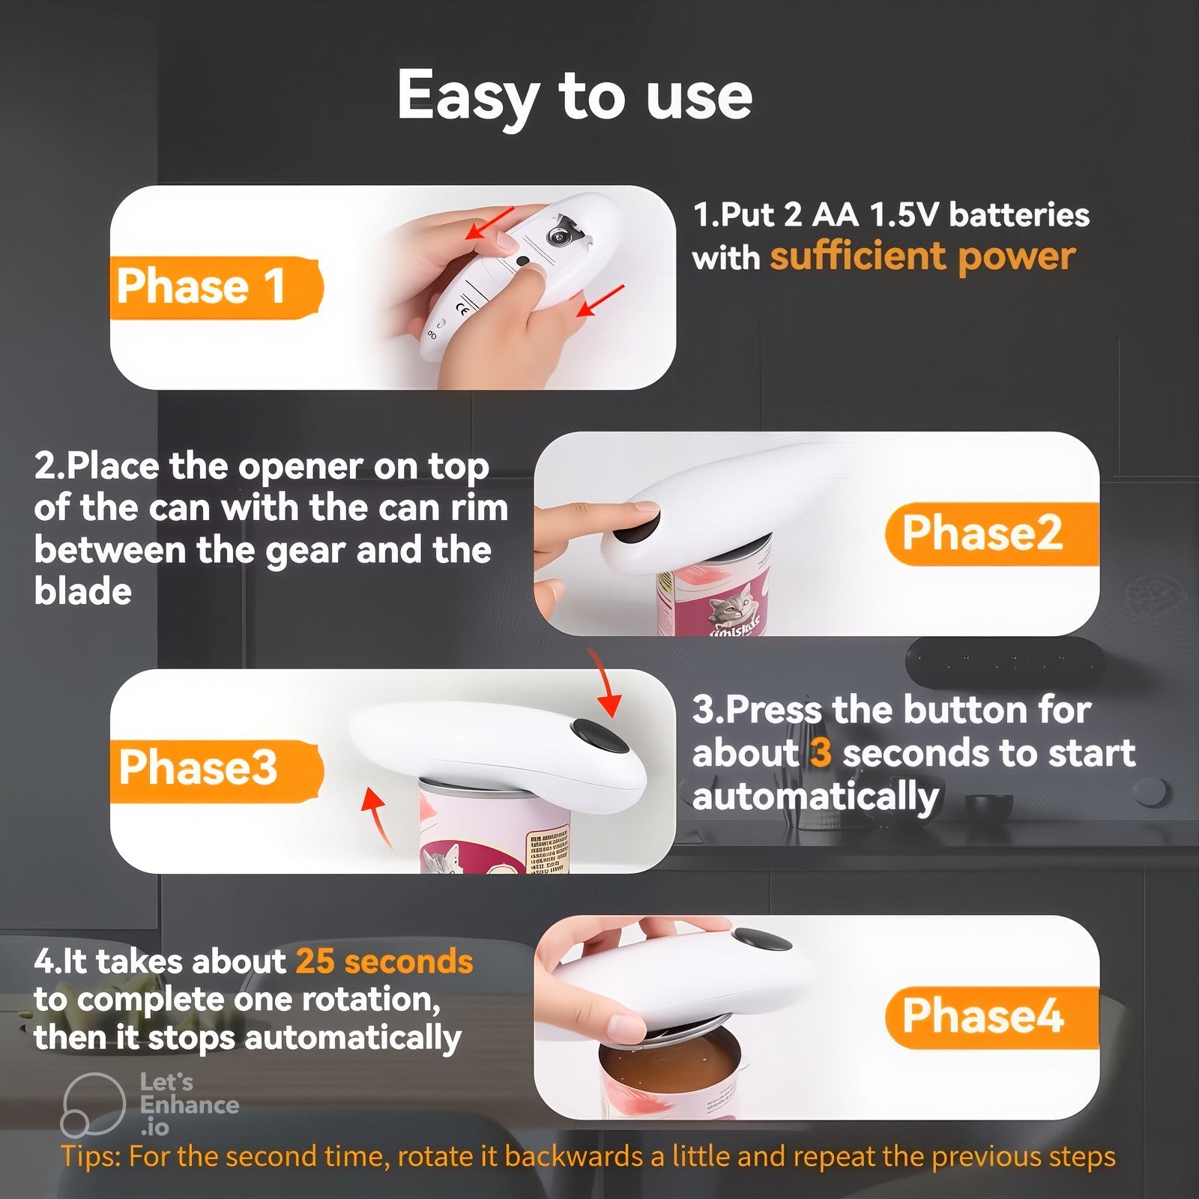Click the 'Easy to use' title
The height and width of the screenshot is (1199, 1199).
[575, 97]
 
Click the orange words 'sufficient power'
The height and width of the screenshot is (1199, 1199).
[922, 258]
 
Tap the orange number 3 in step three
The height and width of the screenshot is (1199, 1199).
[821, 752]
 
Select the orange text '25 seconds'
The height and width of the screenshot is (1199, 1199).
[384, 961]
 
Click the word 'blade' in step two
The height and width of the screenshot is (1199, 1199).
[83, 591]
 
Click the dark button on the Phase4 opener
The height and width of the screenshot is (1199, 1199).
[761, 939]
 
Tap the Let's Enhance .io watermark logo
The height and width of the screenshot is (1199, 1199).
[93, 1105]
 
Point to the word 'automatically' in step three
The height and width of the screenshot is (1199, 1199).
[815, 797]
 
